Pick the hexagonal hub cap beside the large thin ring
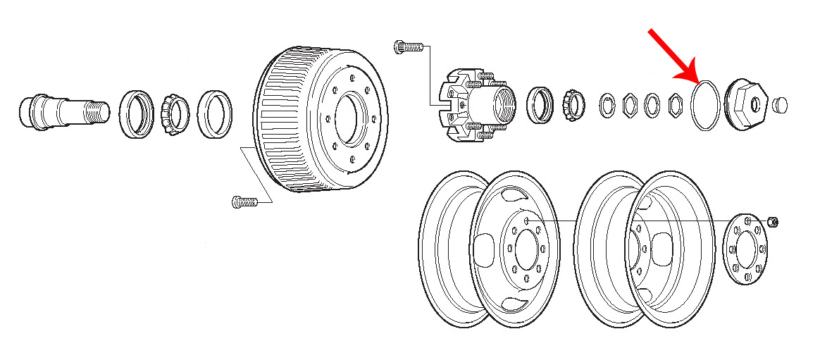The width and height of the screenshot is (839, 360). coord(748,104)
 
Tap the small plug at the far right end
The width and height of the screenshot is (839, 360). coord(778,105)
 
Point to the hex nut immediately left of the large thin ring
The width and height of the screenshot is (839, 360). coord(674,106)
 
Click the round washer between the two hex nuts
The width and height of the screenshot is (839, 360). coord(652,106)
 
